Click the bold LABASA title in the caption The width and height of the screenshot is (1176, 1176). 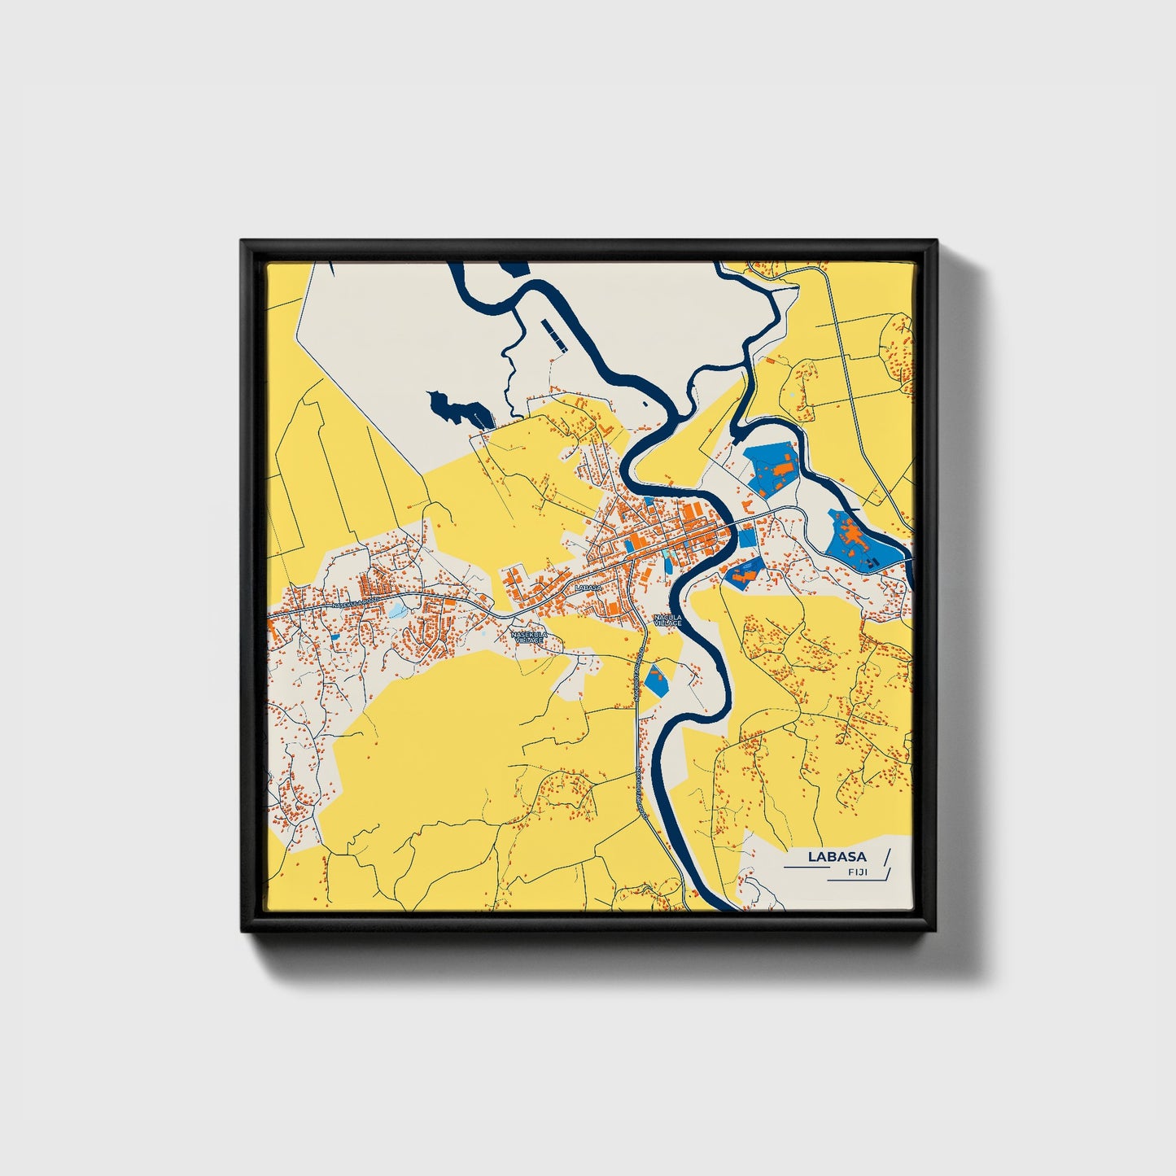pyautogui.click(x=837, y=856)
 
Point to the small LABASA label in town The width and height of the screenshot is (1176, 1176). pyautogui.click(x=587, y=587)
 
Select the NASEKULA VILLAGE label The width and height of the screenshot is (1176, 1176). pyautogui.click(x=529, y=636)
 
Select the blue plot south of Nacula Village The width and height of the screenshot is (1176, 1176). pyautogui.click(x=654, y=680)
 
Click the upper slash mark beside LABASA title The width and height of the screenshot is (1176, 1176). pyautogui.click(x=885, y=856)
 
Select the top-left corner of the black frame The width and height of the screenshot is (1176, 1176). pyautogui.click(x=243, y=242)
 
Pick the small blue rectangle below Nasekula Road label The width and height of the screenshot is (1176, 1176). pyautogui.click(x=334, y=636)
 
